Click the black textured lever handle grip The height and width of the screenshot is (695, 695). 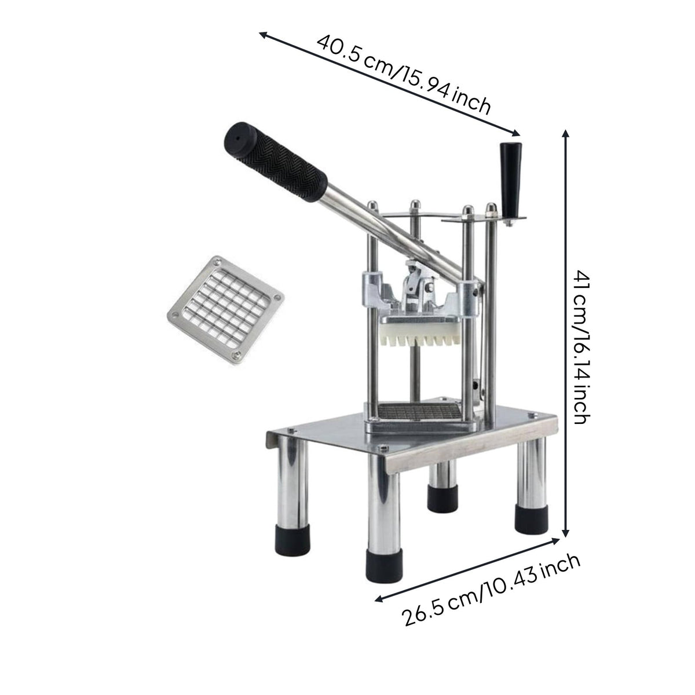pos(275,162)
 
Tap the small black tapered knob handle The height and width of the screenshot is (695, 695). pos(510,179)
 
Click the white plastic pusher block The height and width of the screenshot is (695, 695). pos(420,334)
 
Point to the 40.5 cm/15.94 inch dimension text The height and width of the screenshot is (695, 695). pos(404,75)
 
